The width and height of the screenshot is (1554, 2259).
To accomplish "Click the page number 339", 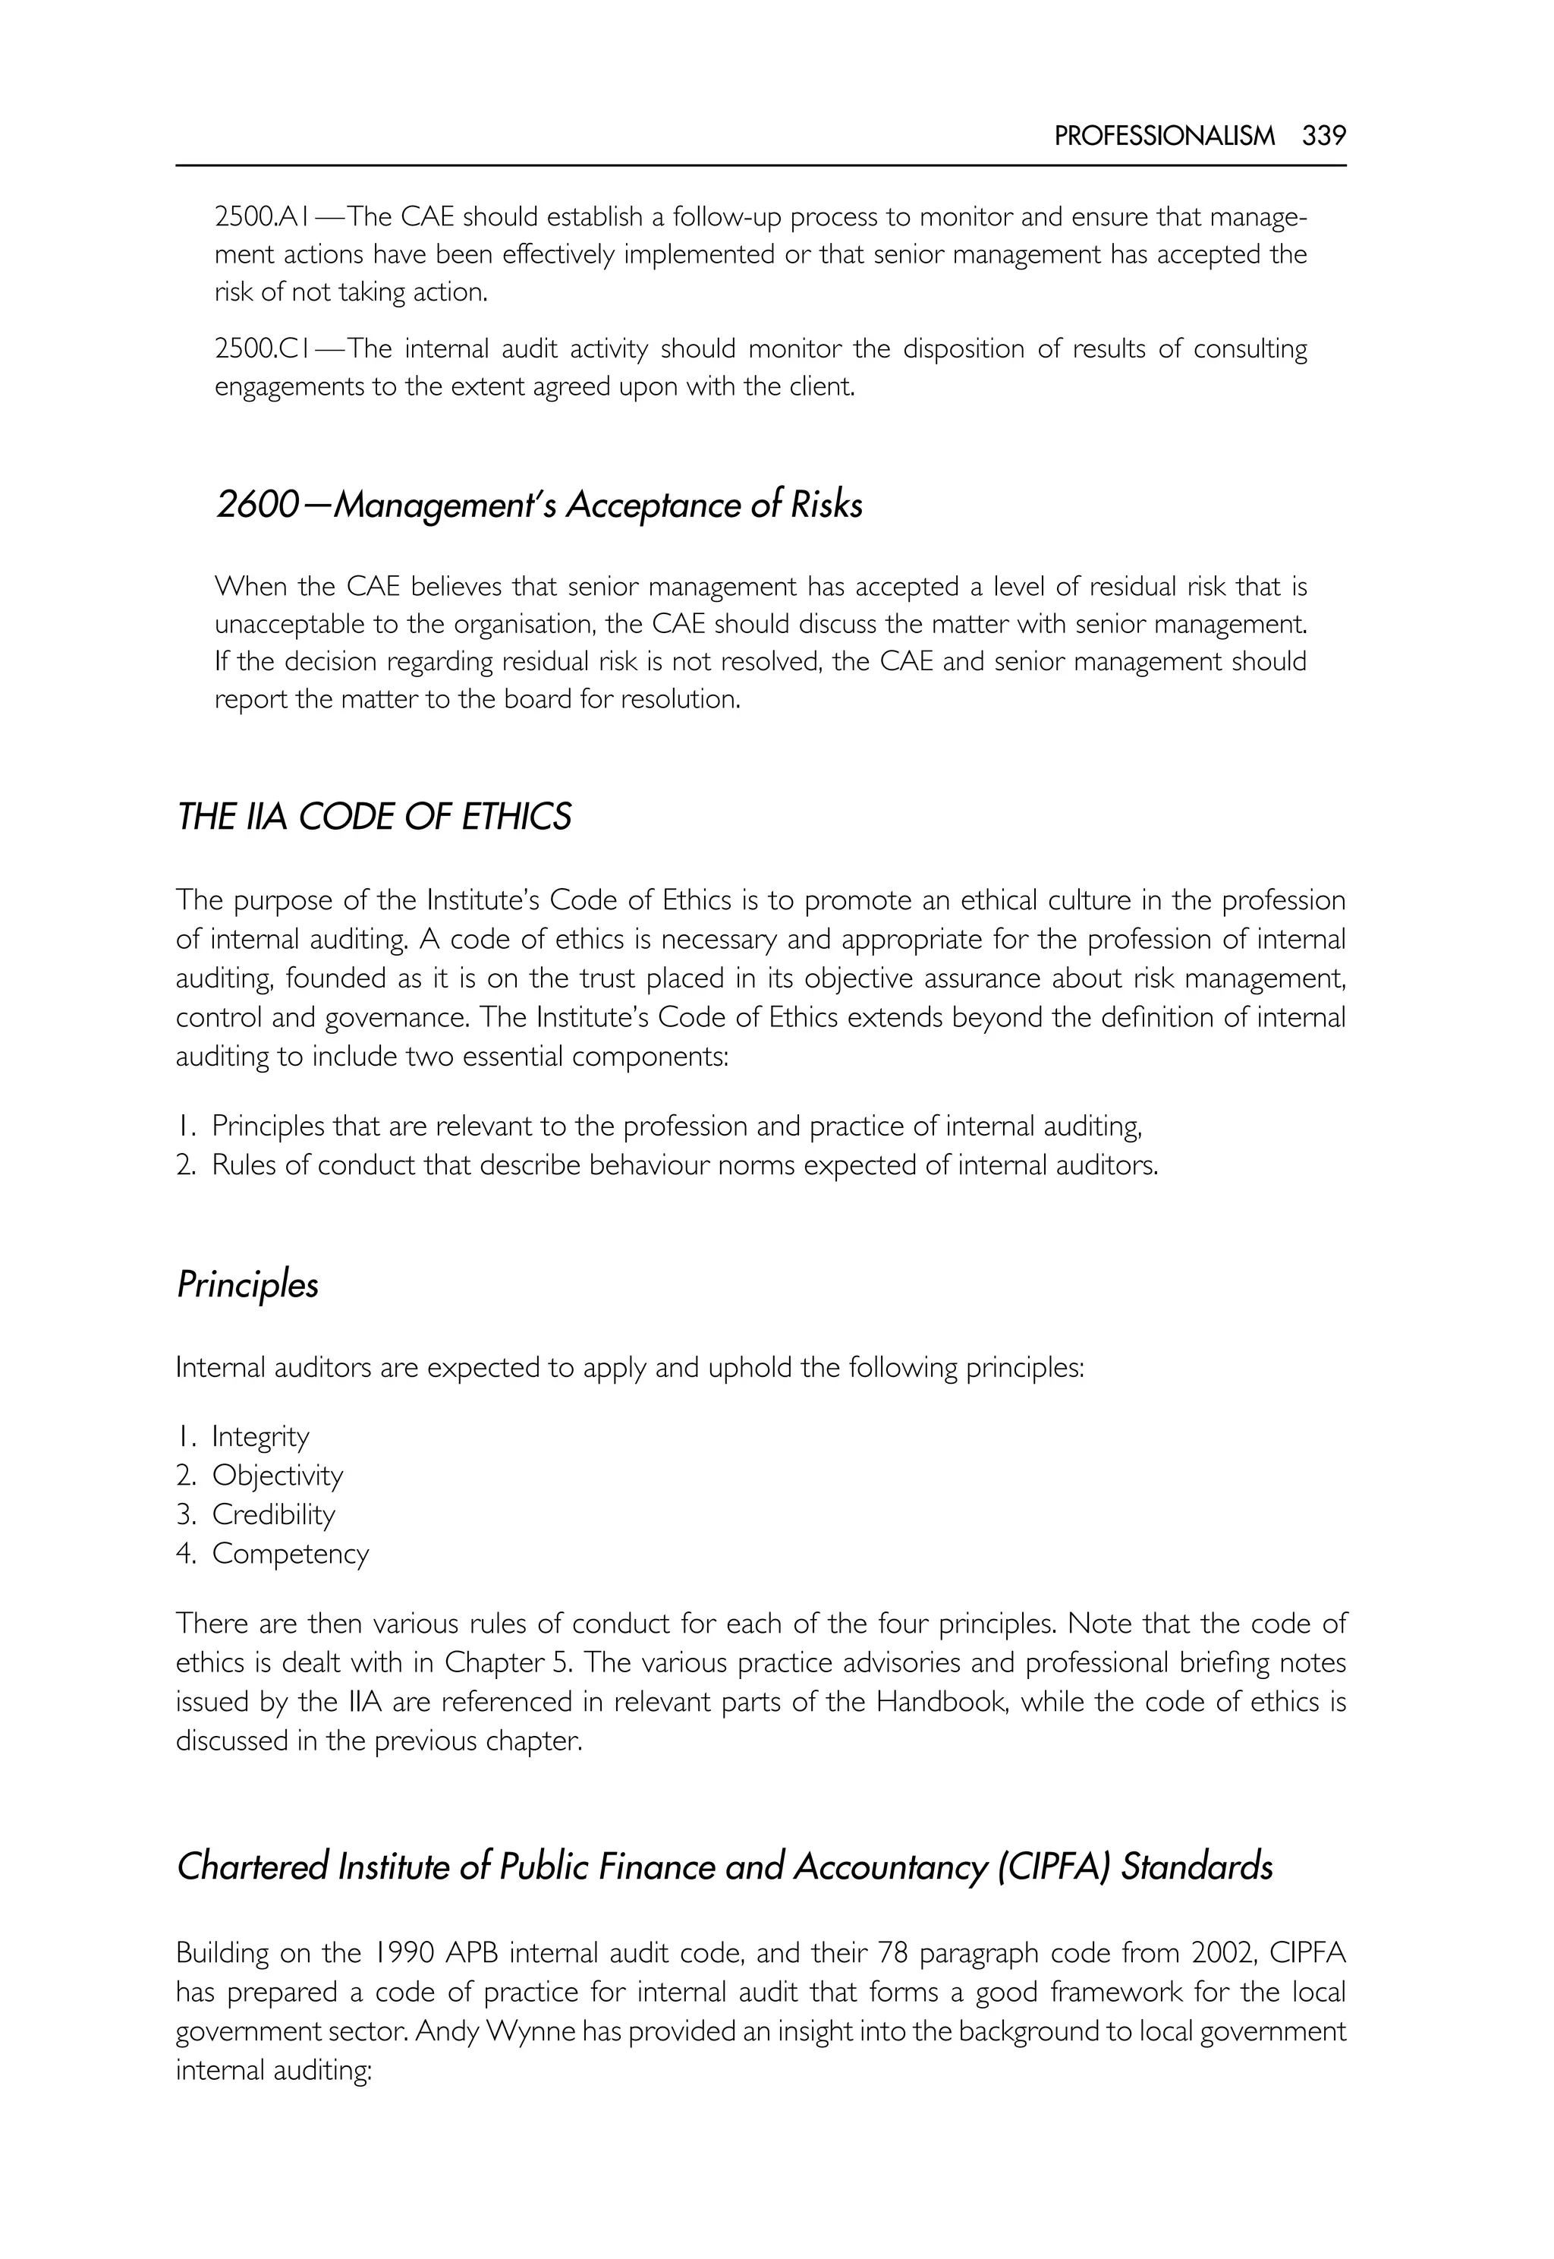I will tap(1323, 137).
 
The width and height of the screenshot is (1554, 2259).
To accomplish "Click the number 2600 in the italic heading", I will tap(255, 506).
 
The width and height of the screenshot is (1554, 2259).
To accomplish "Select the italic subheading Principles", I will tap(247, 1285).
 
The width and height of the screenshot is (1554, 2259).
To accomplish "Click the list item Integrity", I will tap(260, 1437).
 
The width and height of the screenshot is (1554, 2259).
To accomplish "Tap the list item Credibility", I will tap(274, 1515).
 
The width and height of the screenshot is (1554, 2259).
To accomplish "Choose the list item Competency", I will tap(290, 1554).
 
